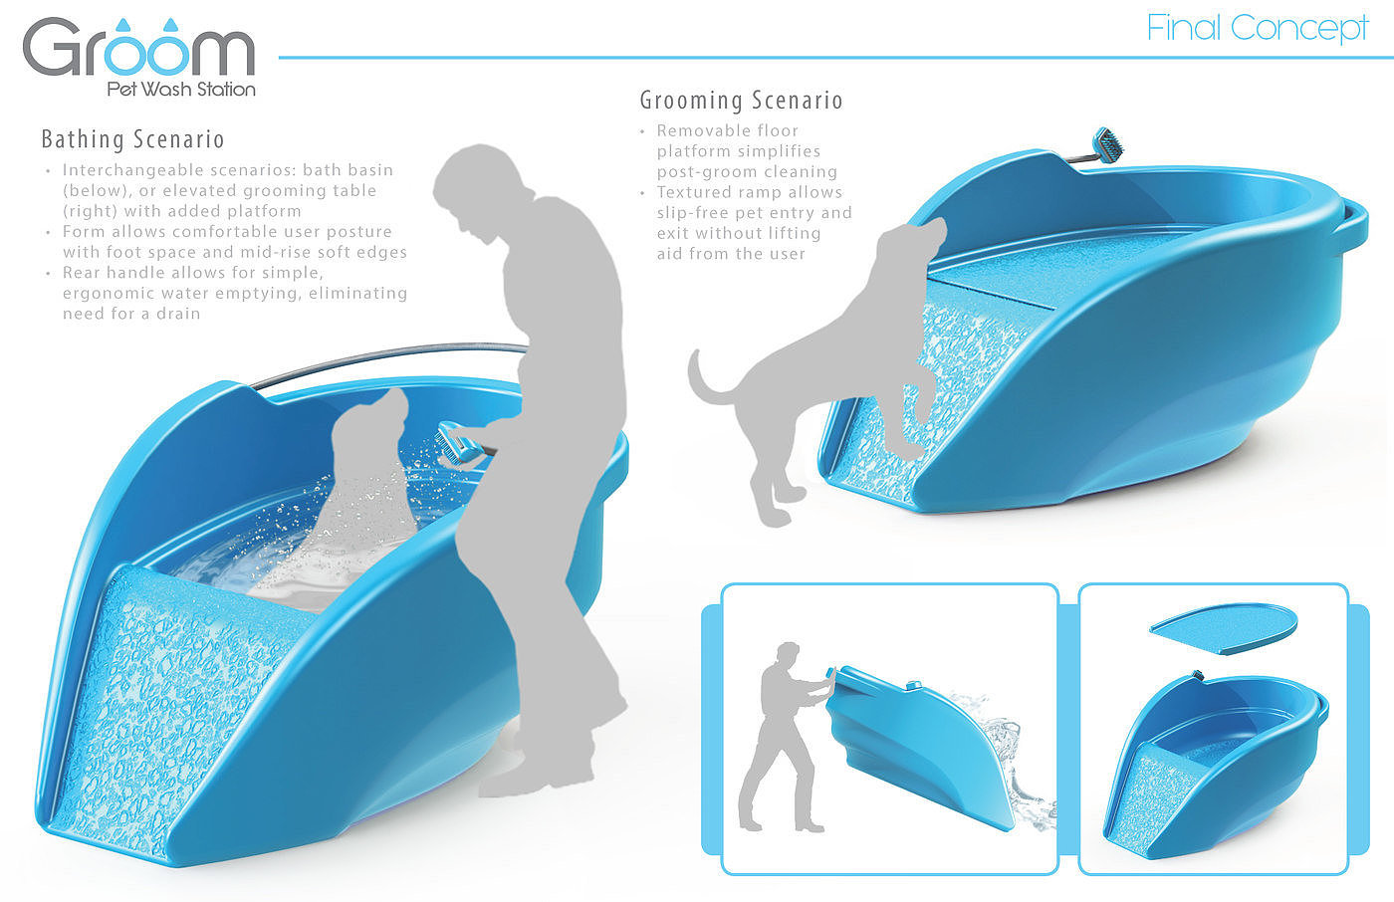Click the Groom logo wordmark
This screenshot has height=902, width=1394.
pos(138,49)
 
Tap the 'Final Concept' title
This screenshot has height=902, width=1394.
pos(1257,29)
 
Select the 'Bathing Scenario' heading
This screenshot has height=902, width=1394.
pos(132,139)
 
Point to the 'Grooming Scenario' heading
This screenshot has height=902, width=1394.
pos(741,101)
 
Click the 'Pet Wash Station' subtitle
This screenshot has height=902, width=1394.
pos(181,90)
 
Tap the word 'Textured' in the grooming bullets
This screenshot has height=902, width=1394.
pos(696,192)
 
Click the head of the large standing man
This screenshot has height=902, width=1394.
pos(478,186)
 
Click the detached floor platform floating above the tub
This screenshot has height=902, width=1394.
pos(1224,628)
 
